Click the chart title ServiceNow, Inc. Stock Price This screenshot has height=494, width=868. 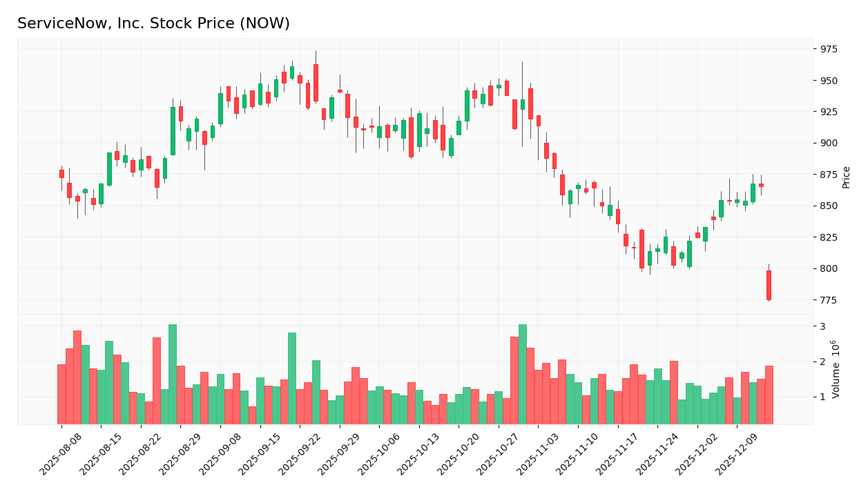tap(153, 24)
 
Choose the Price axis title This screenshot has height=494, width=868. tap(846, 177)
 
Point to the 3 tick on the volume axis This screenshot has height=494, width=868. tap(822, 326)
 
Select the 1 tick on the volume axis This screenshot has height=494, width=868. tap(822, 397)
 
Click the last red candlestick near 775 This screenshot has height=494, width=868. tap(769, 285)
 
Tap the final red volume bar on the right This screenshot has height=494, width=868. tap(769, 395)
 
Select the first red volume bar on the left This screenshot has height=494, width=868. tap(61, 394)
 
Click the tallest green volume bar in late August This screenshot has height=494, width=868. tap(173, 374)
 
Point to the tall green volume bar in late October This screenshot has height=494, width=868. tap(523, 374)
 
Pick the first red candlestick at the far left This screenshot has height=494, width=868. tap(61, 174)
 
